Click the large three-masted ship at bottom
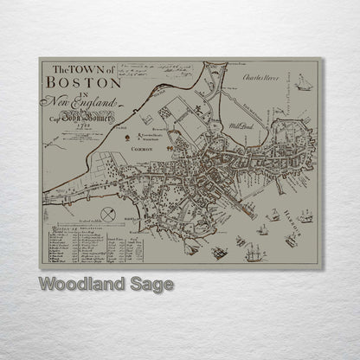click(253, 254)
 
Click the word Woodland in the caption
click(78, 283)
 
